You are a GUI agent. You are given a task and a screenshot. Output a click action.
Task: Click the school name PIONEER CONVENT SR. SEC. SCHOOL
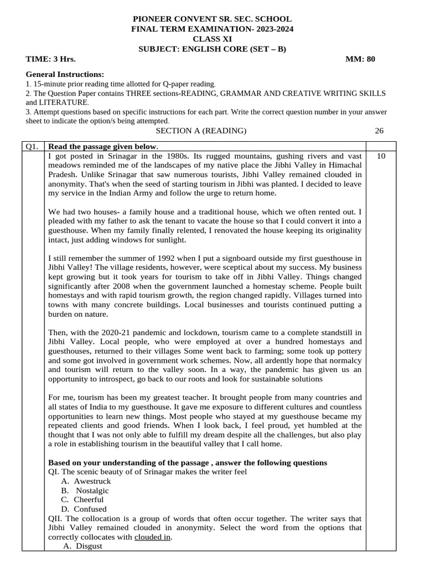(x=212, y=19)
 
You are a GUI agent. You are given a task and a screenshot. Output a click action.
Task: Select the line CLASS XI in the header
(x=212, y=39)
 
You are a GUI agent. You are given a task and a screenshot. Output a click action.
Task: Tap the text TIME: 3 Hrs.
(x=51, y=59)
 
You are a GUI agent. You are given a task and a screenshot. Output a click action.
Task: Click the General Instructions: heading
(x=65, y=74)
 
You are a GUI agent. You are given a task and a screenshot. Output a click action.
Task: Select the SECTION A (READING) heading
(x=201, y=131)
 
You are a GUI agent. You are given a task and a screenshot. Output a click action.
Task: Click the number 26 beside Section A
(x=379, y=131)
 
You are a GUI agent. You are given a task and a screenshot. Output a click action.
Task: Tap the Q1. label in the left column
(x=32, y=147)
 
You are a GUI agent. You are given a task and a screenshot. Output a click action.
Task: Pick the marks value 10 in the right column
(x=381, y=156)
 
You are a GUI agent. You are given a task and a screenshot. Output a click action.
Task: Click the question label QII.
(x=56, y=518)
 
